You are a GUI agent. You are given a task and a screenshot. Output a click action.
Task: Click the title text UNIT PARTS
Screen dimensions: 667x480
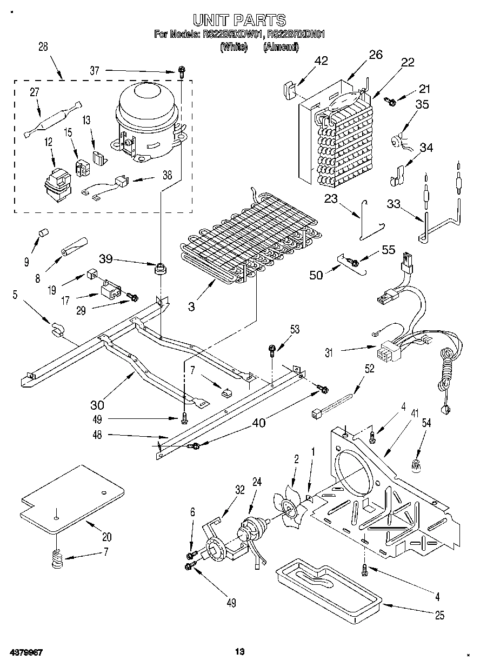tap(239, 21)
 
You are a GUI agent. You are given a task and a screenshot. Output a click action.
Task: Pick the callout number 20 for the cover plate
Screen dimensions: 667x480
tap(106, 537)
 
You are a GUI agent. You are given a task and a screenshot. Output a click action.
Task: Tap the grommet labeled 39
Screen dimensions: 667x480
tap(159, 268)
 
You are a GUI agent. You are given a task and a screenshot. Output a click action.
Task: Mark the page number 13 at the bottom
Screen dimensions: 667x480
tap(240, 652)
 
